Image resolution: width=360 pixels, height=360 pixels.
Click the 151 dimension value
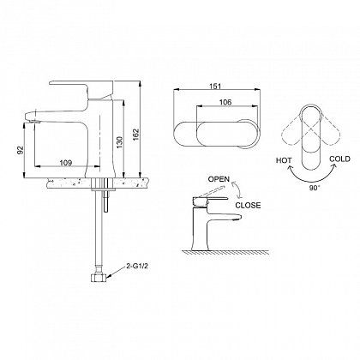pos(216,86)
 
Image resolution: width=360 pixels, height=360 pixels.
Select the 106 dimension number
pos(225,102)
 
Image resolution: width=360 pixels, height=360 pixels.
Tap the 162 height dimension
pos(135,135)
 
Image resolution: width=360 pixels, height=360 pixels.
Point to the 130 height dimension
pos(119,142)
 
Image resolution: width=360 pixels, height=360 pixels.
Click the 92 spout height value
pos(20,150)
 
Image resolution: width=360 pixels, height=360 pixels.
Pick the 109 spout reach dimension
pos(66,163)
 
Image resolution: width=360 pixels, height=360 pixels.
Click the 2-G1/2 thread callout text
pos(137,267)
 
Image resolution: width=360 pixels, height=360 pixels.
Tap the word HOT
pos(284,160)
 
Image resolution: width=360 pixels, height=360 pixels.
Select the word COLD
pos(339,159)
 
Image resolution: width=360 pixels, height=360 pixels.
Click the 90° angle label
pos(315,188)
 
